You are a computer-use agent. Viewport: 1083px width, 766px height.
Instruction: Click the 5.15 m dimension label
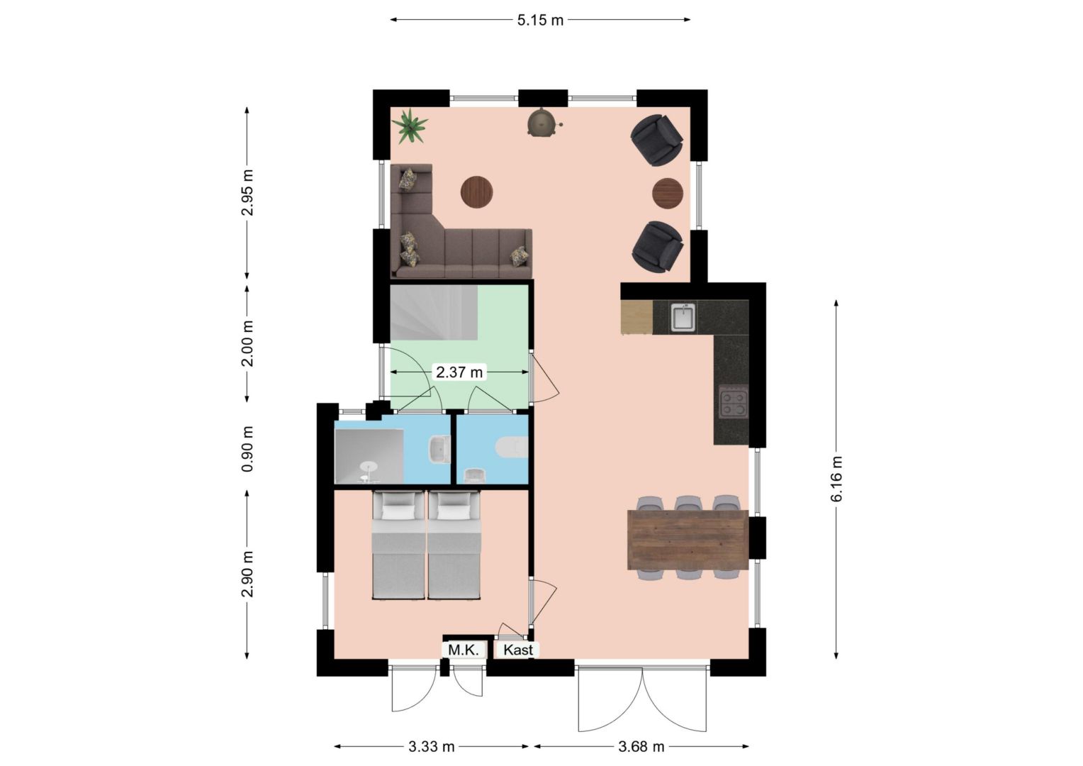(x=540, y=21)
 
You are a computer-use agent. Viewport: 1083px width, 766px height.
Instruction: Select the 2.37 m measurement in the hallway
(x=459, y=372)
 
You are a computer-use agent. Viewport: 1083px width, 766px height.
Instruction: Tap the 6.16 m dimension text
(x=836, y=479)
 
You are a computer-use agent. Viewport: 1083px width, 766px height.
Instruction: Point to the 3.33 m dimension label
(x=431, y=747)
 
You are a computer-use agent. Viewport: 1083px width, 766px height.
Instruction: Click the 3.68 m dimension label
(x=641, y=747)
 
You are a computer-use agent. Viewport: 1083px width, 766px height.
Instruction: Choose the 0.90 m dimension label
(x=247, y=448)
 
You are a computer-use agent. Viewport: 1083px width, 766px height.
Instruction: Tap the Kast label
(x=518, y=650)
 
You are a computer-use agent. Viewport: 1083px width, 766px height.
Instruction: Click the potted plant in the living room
(x=410, y=126)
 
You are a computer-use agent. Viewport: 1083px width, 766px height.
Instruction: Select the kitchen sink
(x=683, y=317)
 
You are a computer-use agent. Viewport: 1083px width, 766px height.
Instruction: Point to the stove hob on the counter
(x=734, y=401)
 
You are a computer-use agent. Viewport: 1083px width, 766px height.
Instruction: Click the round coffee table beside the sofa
(x=476, y=192)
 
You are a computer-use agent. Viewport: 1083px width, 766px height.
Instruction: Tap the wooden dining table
(x=688, y=540)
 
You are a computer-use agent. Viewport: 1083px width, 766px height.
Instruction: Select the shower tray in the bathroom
(x=369, y=456)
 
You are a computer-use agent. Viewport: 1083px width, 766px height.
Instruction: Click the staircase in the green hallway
(x=434, y=313)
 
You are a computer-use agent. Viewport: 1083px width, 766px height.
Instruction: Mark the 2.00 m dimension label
(x=247, y=343)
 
